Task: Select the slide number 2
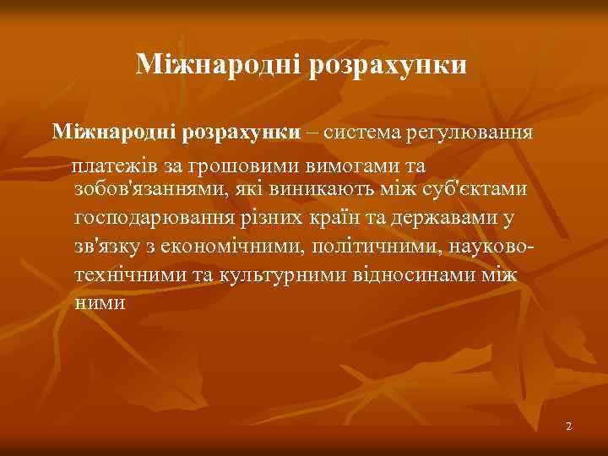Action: [569, 426]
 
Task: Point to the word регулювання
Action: [470, 133]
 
